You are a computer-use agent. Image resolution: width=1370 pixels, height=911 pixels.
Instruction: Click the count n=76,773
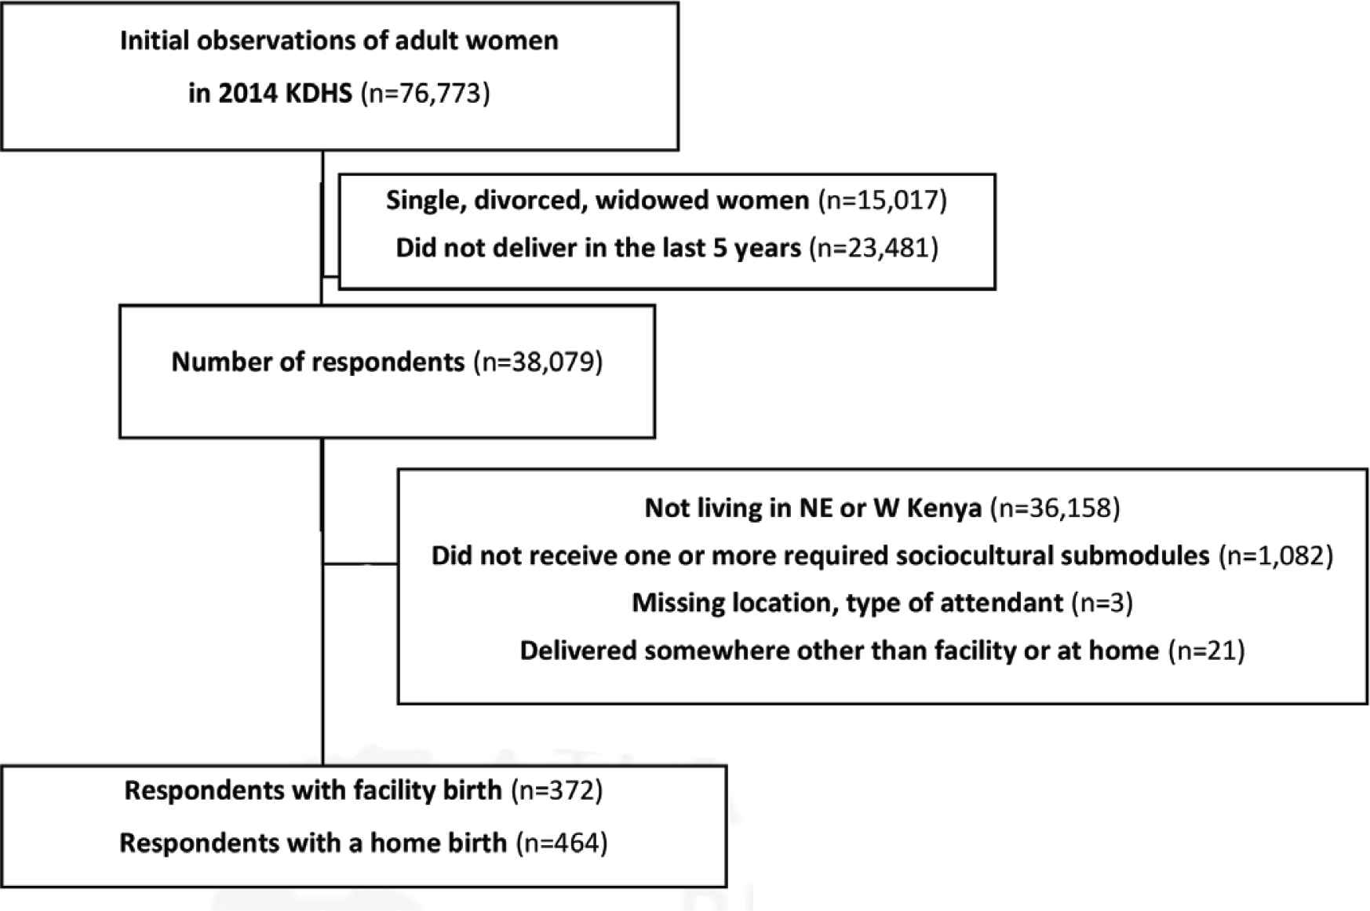[424, 93]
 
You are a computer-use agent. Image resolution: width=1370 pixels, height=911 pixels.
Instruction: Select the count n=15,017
[883, 201]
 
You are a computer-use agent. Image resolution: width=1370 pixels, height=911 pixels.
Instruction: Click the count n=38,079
[538, 363]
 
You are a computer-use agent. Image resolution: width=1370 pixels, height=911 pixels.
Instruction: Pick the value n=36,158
[1055, 508]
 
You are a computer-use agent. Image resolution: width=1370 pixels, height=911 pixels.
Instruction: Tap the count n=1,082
[1276, 556]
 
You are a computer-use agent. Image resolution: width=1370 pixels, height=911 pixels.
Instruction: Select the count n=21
[1207, 650]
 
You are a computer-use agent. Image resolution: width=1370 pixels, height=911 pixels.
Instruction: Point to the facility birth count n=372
[557, 790]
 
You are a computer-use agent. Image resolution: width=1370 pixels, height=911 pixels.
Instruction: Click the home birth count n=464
[562, 843]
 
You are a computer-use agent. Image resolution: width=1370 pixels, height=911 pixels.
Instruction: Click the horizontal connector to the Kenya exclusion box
[359, 563]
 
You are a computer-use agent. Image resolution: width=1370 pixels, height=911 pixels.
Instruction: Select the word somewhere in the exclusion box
[705, 650]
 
